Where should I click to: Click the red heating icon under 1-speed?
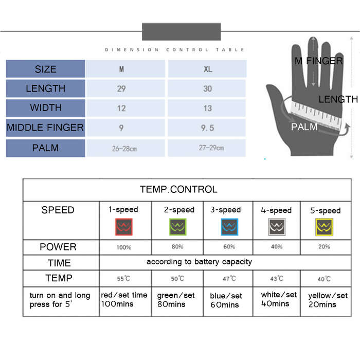click(x=124, y=227)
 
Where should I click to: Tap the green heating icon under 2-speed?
click(x=178, y=227)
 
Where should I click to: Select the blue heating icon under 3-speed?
click(x=229, y=227)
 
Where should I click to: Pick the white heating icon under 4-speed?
click(x=277, y=227)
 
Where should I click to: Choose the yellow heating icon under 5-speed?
click(x=324, y=227)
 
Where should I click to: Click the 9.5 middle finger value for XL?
click(x=207, y=128)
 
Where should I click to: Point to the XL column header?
click(x=208, y=69)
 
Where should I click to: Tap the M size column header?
click(x=121, y=69)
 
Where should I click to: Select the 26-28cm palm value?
click(x=124, y=149)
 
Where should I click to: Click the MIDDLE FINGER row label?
click(x=45, y=128)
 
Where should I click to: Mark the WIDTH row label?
click(x=46, y=107)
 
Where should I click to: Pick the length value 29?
click(x=121, y=89)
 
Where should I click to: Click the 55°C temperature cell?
click(x=123, y=279)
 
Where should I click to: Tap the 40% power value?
click(x=277, y=246)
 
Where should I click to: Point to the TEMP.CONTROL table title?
click(x=178, y=189)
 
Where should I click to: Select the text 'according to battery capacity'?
click(x=199, y=262)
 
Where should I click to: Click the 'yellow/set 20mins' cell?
click(x=328, y=300)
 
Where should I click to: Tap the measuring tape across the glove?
click(x=316, y=115)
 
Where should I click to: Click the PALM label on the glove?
click(x=304, y=127)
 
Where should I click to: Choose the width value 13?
click(x=208, y=109)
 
